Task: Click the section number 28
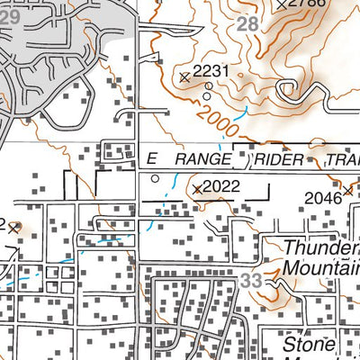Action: pos(247,25)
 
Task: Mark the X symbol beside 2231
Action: pos(184,77)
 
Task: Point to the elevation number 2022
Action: pos(222,187)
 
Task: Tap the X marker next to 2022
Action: pos(197,189)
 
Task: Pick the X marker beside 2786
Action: pos(282,4)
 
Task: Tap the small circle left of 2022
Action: pos(155,179)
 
